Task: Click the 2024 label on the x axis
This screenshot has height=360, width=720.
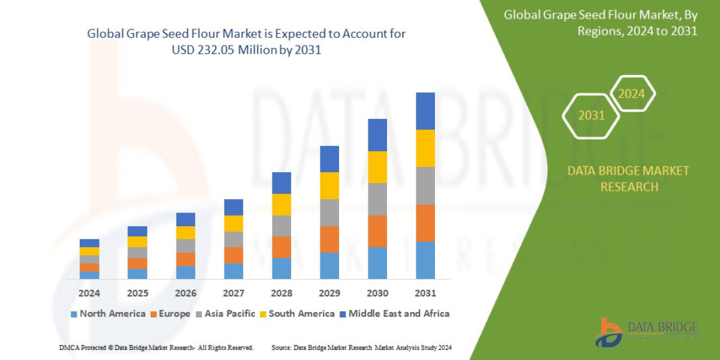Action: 89,293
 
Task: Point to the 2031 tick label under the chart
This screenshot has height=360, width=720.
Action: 425,293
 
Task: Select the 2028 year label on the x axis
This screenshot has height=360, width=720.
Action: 281,293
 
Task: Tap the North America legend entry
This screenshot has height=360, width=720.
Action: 108,313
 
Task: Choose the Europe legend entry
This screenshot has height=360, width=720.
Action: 170,313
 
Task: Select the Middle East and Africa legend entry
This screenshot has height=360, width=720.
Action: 394,313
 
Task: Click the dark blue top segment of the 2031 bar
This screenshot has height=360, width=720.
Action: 425,111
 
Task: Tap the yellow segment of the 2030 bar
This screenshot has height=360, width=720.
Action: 377,167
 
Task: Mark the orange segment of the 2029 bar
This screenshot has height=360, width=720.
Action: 329,239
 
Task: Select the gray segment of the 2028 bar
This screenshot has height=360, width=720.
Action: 281,226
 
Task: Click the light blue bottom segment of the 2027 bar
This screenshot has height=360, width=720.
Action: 233,271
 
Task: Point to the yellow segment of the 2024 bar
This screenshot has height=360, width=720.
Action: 89,251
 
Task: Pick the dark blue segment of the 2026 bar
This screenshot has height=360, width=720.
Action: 185,219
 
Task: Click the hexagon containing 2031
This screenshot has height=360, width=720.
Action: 591,115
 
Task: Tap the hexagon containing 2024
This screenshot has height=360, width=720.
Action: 631,94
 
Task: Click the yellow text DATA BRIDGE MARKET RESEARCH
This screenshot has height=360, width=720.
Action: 628,179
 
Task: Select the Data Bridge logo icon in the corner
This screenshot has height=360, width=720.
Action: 608,332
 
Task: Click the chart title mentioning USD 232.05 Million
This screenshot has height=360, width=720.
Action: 247,41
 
